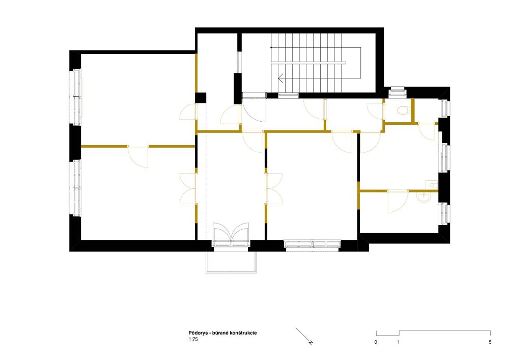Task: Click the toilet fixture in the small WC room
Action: point(402,110)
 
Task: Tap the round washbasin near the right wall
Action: point(423,197)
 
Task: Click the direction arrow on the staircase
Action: point(281,78)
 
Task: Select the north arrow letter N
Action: point(311,342)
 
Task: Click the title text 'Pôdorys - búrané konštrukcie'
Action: point(223,333)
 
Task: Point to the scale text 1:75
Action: point(193,339)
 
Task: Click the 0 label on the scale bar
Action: point(376,342)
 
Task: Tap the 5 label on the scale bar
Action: point(490,342)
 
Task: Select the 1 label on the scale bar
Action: point(399,342)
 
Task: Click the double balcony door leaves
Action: point(231,232)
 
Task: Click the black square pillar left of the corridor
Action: point(200,98)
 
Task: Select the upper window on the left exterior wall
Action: point(77,97)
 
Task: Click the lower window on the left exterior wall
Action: point(77,187)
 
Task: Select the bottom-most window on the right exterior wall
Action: point(444,213)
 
